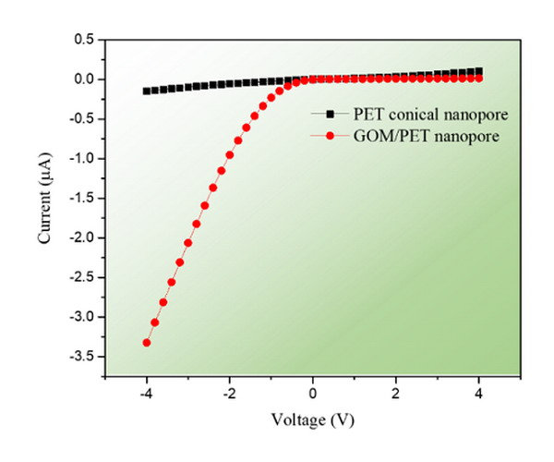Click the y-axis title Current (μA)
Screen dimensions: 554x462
pos(45,198)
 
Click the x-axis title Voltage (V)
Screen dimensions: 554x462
pos(313,420)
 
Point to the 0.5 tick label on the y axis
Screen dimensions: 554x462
pos(84,39)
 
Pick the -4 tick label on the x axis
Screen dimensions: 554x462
pos(146,394)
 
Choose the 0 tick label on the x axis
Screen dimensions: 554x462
pos(313,394)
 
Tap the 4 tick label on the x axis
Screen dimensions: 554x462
pos(479,394)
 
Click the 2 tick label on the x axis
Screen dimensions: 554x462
pos(396,394)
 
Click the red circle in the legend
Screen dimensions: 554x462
pos(330,136)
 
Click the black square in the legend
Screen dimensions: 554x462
pos(330,114)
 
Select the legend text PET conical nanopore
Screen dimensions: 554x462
pos(431,115)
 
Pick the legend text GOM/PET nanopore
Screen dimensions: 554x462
pos(427,136)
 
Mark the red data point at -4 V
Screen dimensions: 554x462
pos(147,343)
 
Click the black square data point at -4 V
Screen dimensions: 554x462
pos(146,91)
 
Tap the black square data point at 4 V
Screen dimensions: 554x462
pos(479,71)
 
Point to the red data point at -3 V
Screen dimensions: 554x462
pos(188,243)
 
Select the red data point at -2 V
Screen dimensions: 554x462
pos(230,155)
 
